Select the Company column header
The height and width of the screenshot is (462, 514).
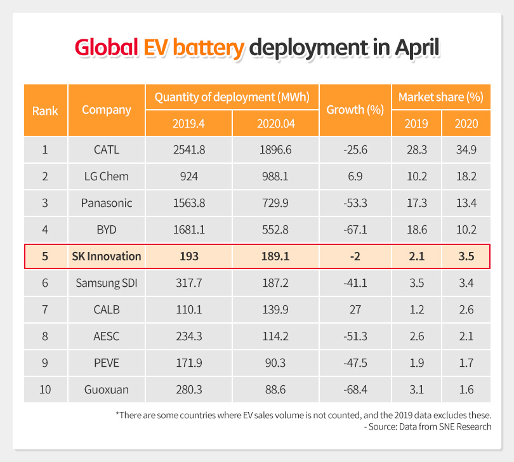coord(107,110)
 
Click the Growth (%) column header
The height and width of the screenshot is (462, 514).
coord(355,110)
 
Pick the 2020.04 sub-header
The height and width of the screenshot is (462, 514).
coord(275,122)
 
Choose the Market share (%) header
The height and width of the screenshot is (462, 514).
coord(440,97)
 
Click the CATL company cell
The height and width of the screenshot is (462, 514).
coord(106,150)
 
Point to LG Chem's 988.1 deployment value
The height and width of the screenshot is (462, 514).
coord(275,176)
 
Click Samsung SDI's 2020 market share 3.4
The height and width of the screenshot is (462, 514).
coord(466,284)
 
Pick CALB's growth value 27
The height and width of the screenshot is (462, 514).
coord(355,310)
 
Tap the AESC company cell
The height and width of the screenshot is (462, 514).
coord(106,336)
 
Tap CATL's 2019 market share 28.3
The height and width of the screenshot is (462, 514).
coord(417,150)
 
